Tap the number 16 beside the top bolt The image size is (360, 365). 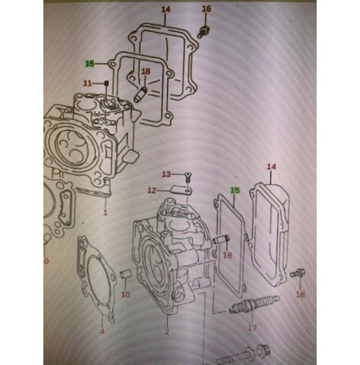206,9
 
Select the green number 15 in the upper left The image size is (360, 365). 90,62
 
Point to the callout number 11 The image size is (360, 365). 88,83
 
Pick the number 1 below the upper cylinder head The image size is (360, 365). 106,212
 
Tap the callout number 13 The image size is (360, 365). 166,174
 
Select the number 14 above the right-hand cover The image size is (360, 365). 272,167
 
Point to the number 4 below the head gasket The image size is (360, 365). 101,331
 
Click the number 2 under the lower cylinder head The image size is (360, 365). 166,331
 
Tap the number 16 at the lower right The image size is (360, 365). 299,294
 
